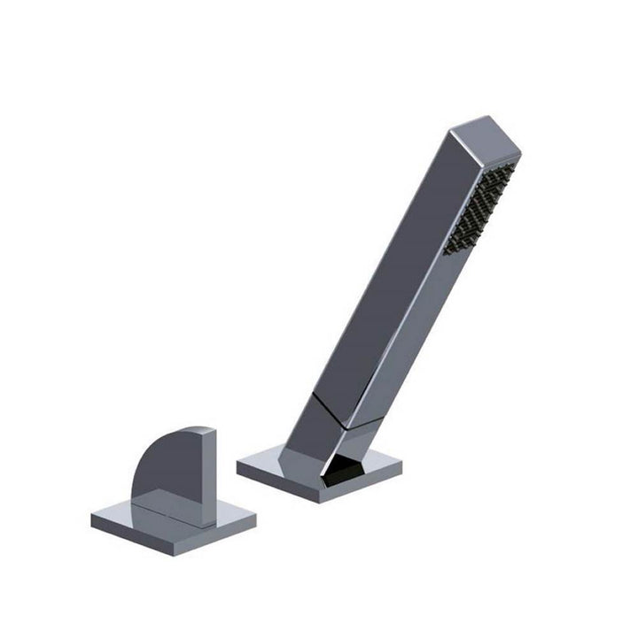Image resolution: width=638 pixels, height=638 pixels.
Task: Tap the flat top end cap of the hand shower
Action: pyautogui.click(x=484, y=138)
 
